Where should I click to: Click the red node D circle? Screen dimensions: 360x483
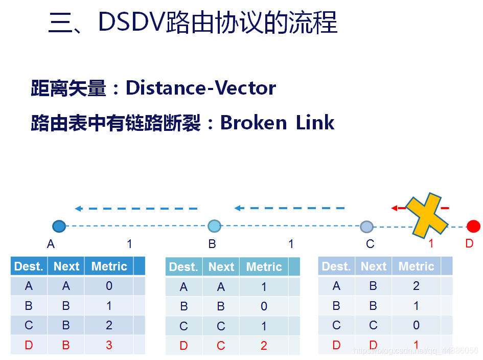click(473, 226)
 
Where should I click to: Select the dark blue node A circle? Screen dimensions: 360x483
click(59, 226)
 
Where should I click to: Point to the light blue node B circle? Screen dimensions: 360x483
click(214, 226)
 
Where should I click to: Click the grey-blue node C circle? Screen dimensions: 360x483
click(366, 227)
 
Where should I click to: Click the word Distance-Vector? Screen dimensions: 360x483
click(201, 88)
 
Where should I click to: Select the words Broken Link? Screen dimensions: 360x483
click(277, 123)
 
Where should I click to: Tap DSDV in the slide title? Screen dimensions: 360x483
click(131, 23)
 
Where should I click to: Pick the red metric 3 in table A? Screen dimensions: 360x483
click(109, 345)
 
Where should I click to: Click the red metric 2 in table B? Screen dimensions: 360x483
click(264, 346)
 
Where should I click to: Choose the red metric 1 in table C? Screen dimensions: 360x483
click(416, 345)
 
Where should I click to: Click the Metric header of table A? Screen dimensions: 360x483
click(109, 266)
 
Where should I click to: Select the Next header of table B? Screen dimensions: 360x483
click(221, 267)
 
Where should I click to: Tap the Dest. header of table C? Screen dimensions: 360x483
click(336, 266)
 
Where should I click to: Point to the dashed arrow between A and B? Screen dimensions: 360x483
click(136, 209)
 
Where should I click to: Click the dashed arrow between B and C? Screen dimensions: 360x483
click(289, 208)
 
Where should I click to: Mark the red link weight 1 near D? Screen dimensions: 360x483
click(431, 244)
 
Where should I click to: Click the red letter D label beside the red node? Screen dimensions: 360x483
click(469, 243)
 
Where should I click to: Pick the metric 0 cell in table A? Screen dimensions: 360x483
click(109, 286)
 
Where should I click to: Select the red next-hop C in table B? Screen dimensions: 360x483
click(221, 346)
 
